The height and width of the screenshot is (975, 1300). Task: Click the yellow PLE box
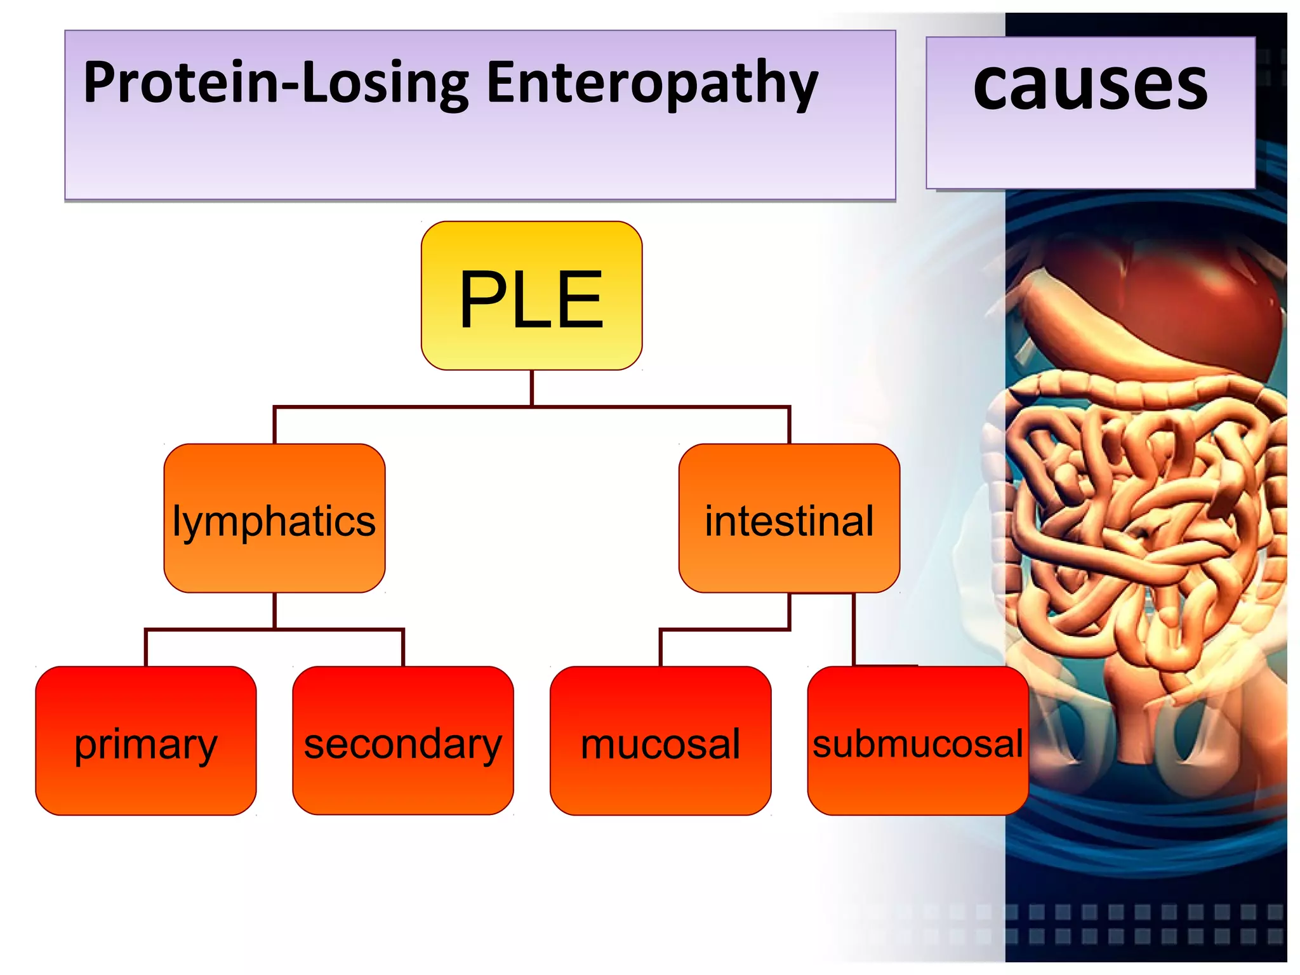coord(531,296)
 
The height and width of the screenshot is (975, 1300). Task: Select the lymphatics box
coord(274,518)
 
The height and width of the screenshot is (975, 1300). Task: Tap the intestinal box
coord(789,518)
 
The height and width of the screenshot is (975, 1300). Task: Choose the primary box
coord(146,741)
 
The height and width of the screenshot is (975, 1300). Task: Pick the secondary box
coord(403,741)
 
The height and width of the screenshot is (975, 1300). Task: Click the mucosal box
coord(660,741)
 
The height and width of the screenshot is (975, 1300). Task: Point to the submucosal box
coord(918,741)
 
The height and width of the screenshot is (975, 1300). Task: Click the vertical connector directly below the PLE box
coord(532,387)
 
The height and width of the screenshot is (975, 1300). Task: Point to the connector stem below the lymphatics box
coord(274,611)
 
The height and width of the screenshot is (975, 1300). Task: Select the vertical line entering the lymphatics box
coord(274,425)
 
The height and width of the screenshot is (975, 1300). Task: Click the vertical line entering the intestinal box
coord(789,425)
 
